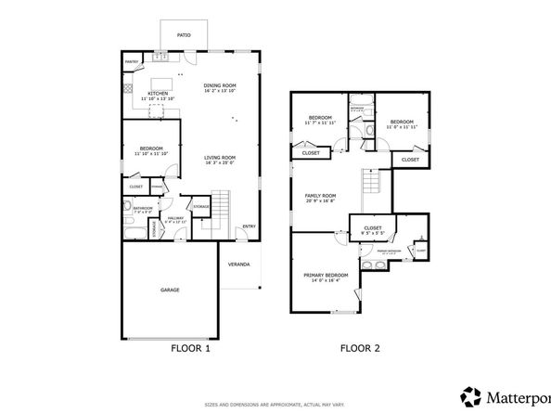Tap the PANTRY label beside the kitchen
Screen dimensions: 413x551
pyautogui.click(x=132, y=63)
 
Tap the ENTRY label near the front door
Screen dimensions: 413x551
pyautogui.click(x=249, y=226)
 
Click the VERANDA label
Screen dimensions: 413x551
pyautogui.click(x=239, y=265)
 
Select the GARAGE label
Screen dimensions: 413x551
pyautogui.click(x=170, y=290)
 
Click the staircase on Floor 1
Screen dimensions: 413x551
pyautogui.click(x=221, y=212)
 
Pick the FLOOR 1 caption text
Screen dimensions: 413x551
pyautogui.click(x=191, y=349)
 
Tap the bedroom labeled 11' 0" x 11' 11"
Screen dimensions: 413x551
pyautogui.click(x=401, y=123)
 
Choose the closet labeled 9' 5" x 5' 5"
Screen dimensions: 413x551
pyautogui.click(x=373, y=229)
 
